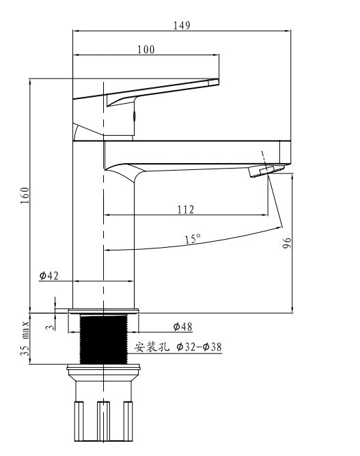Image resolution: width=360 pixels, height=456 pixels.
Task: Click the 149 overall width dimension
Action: pos(182,25)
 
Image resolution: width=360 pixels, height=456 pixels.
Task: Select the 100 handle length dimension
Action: pos(146,49)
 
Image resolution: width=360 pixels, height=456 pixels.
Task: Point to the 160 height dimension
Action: pos(25,195)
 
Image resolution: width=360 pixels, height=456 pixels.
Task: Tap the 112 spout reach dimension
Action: pos(185,210)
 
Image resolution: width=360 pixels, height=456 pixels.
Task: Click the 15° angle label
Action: pos(193,239)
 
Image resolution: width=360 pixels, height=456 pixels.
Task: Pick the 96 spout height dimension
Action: pos(287,243)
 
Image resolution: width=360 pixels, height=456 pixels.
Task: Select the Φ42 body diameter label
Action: pos(49,275)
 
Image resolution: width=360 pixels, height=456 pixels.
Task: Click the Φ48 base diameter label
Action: pos(183,326)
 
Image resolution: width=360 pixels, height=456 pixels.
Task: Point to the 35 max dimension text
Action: pos(25,338)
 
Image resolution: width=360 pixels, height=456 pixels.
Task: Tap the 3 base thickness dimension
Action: pos(51,327)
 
